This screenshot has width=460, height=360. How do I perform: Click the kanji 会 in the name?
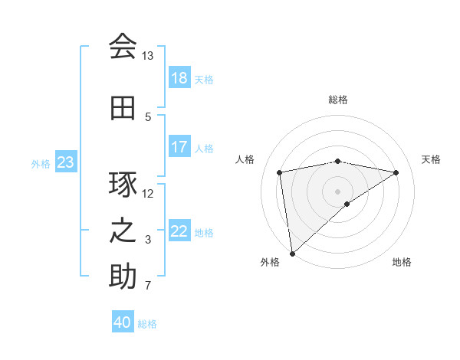click(x=123, y=47)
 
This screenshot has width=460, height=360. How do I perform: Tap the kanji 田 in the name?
click(x=123, y=108)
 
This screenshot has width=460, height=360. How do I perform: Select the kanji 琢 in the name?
click(x=123, y=185)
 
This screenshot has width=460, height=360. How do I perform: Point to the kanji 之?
click(x=123, y=231)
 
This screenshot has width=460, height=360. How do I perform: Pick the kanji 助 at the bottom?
click(x=123, y=277)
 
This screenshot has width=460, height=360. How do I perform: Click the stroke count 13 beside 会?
click(x=147, y=56)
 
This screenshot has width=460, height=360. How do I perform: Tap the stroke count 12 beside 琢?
click(x=147, y=193)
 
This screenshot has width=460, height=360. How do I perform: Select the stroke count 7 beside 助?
click(x=147, y=286)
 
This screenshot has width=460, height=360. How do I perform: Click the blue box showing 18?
click(x=179, y=78)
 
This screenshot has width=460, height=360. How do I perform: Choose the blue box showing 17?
click(x=179, y=147)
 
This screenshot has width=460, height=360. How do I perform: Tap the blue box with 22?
click(x=179, y=231)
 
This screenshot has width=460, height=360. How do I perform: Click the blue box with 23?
click(x=65, y=162)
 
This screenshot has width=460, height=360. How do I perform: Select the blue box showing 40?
click(x=123, y=322)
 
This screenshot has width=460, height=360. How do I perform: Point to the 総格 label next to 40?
click(x=147, y=324)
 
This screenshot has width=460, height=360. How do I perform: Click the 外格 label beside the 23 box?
click(x=41, y=163)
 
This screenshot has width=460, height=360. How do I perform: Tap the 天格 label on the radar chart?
click(x=431, y=159)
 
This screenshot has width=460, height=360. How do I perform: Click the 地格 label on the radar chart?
click(x=402, y=262)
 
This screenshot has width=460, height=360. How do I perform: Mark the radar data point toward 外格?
click(x=291, y=253)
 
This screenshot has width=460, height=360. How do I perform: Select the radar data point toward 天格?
click(x=396, y=172)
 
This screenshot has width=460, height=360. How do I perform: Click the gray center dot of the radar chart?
click(x=337, y=191)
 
